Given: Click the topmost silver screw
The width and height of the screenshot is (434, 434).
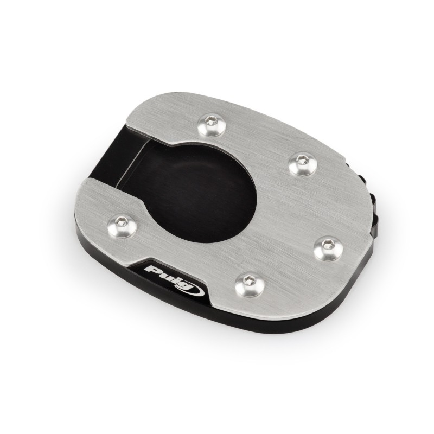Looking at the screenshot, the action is pyautogui.click(x=212, y=124).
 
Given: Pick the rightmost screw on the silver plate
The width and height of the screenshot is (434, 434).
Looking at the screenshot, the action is pyautogui.click(x=329, y=248).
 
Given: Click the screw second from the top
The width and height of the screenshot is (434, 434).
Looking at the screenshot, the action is pyautogui.click(x=303, y=164).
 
